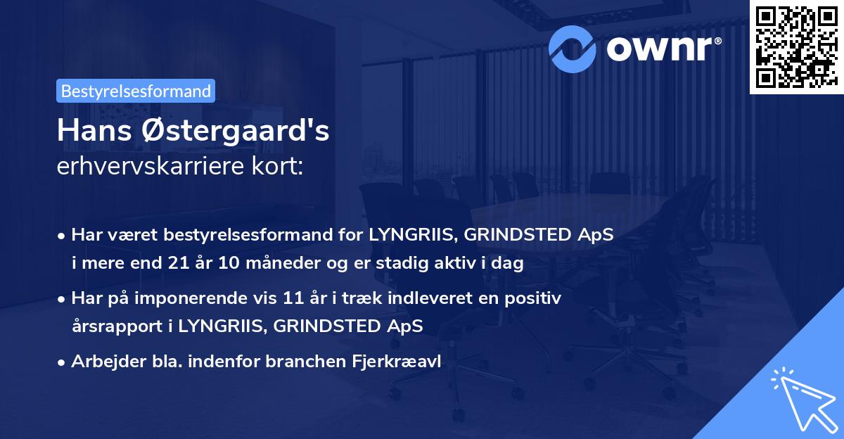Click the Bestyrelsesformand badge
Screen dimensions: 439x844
(x=136, y=91)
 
